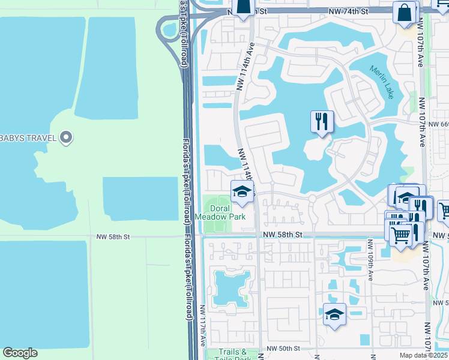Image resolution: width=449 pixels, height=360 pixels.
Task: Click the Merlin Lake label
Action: (x=382, y=82)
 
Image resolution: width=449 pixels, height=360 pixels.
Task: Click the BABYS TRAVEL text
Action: (x=28, y=139)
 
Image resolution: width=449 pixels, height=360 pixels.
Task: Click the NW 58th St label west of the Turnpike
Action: (x=113, y=237)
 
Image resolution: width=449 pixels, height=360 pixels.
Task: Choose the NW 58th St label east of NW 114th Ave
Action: (x=282, y=235)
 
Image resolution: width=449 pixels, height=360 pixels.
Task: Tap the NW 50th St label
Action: (x=283, y=348)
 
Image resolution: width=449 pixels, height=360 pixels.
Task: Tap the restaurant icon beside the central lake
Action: (x=322, y=122)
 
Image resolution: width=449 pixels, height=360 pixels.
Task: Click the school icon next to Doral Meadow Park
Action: (x=242, y=191)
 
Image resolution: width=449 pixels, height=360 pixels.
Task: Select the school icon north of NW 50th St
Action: (x=334, y=314)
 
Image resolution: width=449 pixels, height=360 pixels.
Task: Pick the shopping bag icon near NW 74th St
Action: (x=405, y=12)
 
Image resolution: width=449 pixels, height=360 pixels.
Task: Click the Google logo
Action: (x=20, y=353)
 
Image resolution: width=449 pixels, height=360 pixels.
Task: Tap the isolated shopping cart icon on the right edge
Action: (x=444, y=210)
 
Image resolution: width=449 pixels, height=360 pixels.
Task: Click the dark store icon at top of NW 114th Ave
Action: (x=243, y=7)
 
